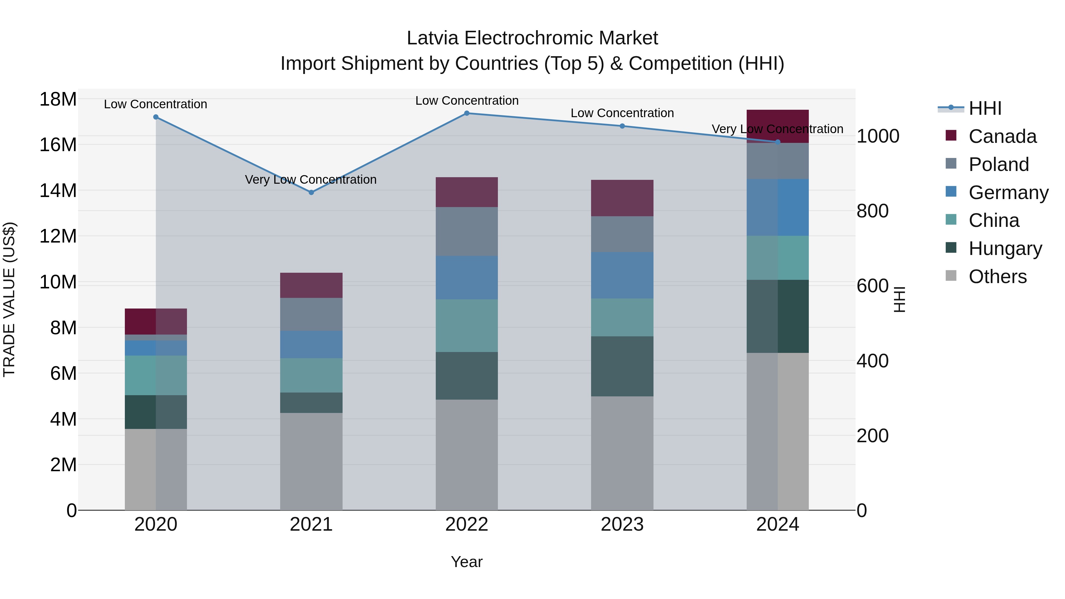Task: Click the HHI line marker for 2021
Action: [311, 192]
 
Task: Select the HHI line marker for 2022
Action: [467, 113]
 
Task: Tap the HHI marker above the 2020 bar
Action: [156, 117]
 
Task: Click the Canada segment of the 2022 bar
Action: [467, 192]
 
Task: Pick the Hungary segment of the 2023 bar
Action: [622, 366]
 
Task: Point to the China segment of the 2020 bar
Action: [156, 375]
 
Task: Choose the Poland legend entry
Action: [998, 164]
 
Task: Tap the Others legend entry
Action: [997, 277]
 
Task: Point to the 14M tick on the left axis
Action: [58, 190]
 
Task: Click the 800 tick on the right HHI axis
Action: [872, 211]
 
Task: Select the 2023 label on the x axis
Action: [622, 524]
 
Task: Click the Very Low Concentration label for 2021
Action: [311, 180]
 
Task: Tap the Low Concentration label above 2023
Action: [622, 113]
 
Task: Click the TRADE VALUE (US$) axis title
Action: [9, 299]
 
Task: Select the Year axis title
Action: [467, 562]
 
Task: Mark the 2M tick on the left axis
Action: [63, 465]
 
